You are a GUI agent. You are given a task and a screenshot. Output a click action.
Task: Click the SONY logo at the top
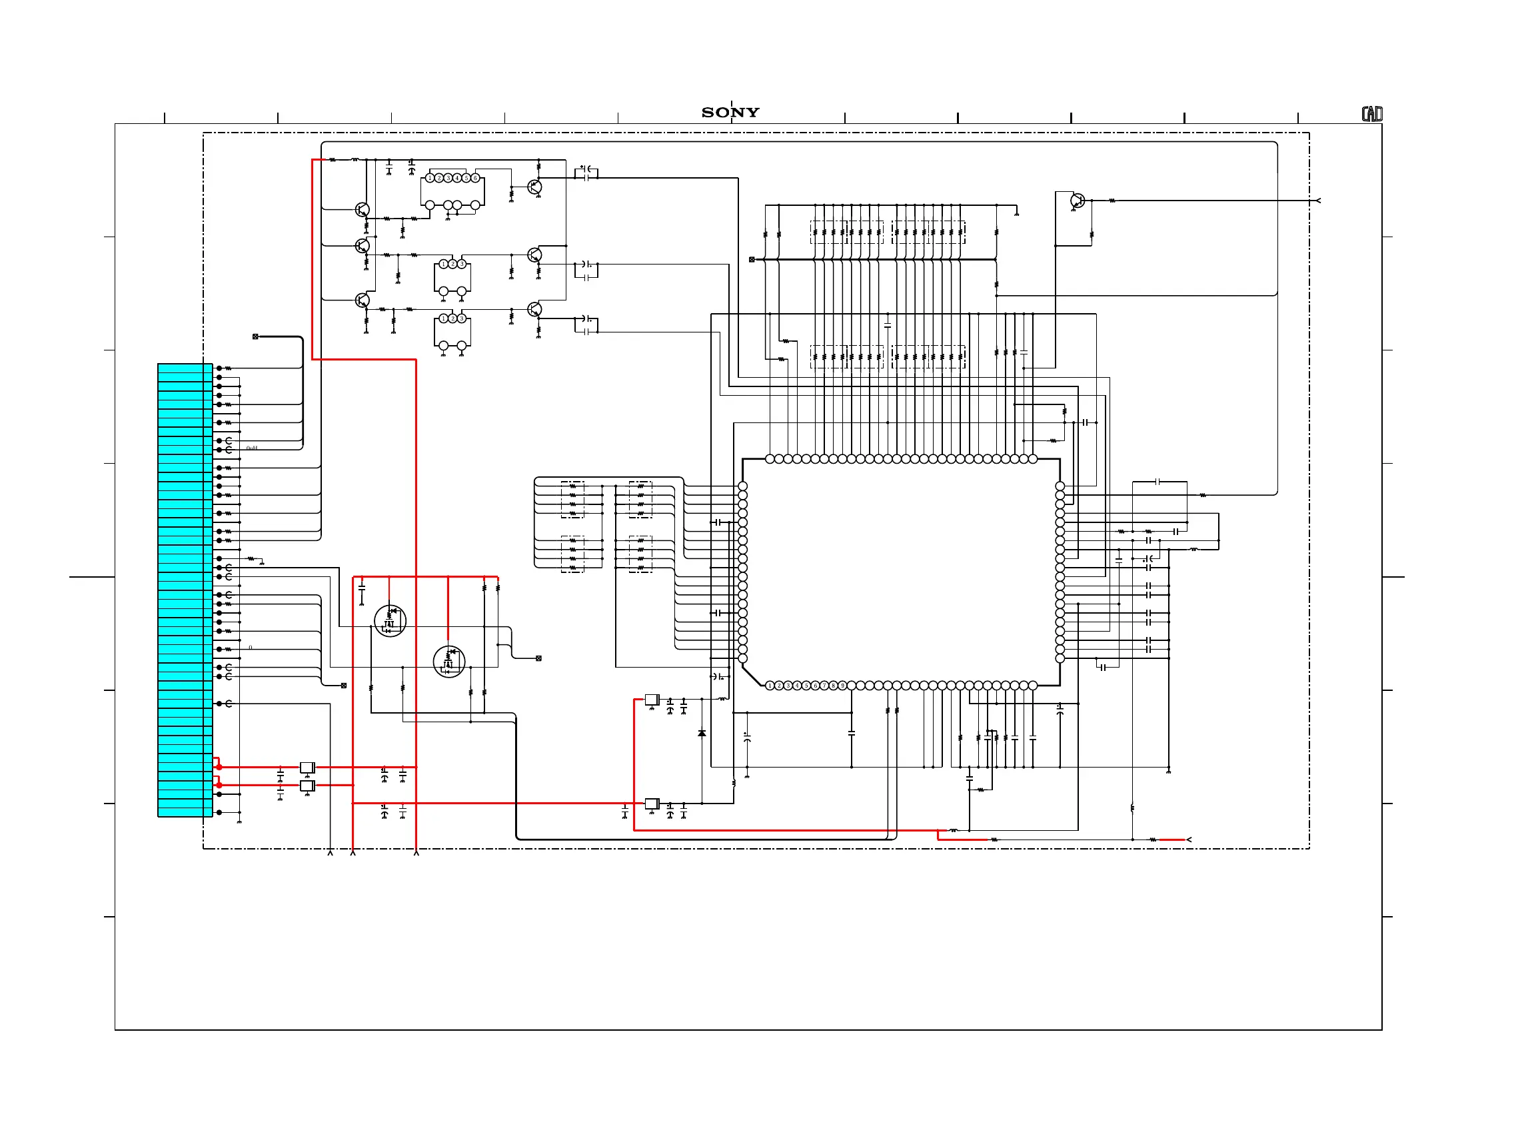pos(730,112)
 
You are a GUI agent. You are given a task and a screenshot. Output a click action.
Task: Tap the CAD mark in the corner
pos(1371,114)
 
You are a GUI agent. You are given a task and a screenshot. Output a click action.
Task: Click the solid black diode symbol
pos(702,734)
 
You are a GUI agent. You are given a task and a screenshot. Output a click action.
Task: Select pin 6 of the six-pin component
pos(475,178)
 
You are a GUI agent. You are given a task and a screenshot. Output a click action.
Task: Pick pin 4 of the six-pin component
pos(457,178)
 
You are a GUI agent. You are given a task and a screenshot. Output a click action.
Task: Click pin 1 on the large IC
pos(770,686)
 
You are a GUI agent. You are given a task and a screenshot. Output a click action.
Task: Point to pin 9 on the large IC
pos(842,686)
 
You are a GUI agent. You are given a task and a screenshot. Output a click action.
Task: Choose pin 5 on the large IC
pos(806,686)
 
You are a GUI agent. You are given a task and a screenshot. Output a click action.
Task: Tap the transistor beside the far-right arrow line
pos(1077,201)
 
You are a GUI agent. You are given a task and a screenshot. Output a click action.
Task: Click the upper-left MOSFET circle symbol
pos(390,621)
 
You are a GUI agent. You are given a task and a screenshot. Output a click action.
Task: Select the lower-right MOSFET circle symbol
pos(449,661)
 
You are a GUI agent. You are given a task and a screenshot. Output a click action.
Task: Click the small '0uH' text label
pos(252,448)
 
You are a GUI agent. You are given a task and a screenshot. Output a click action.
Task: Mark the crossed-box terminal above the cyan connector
pos(255,337)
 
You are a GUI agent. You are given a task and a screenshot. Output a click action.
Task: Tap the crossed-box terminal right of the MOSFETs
pos(538,658)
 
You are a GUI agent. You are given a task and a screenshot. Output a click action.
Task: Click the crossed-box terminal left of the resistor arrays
pos(752,259)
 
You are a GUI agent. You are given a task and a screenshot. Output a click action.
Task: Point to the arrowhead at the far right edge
pos(1318,201)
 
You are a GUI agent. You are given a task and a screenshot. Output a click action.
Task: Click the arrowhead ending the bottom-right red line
pos(1188,840)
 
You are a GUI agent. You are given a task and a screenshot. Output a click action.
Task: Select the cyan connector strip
pos(185,590)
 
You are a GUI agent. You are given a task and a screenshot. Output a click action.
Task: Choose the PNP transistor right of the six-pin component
pos(534,187)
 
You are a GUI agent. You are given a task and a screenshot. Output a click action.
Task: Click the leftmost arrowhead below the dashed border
pos(330,852)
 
